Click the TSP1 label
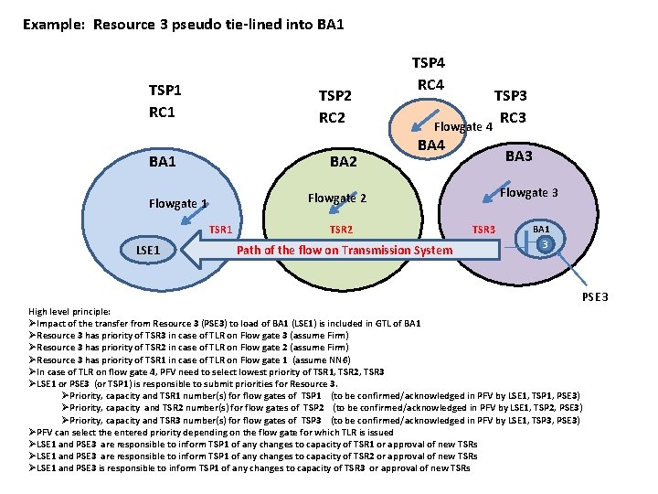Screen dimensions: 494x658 pyautogui.click(x=164, y=91)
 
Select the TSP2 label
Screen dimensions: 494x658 pyautogui.click(x=334, y=96)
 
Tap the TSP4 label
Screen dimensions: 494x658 pyautogui.click(x=429, y=63)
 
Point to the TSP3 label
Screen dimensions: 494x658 pyautogui.click(x=515, y=95)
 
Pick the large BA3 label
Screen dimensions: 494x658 pyautogui.click(x=519, y=156)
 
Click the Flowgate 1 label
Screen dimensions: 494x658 pyautogui.click(x=179, y=204)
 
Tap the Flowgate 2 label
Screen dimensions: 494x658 pyautogui.click(x=337, y=198)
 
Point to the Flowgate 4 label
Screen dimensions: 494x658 pyautogui.click(x=464, y=126)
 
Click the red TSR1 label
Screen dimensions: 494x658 pyautogui.click(x=220, y=229)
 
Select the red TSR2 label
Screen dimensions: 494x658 pyautogui.click(x=341, y=229)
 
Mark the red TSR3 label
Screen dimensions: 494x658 pyautogui.click(x=483, y=229)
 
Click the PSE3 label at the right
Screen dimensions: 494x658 pyautogui.click(x=594, y=296)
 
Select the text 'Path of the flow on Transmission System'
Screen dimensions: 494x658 pyautogui.click(x=344, y=251)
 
